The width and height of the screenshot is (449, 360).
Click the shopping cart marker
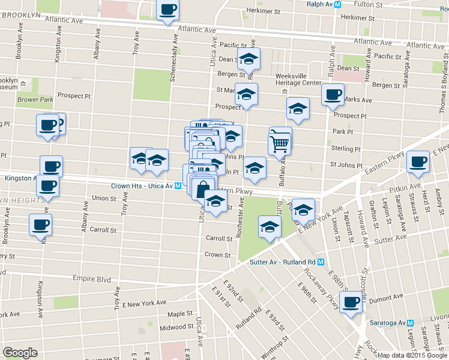pyautogui.click(x=280, y=142)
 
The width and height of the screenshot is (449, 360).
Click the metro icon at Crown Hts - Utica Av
pyautogui.click(x=178, y=186)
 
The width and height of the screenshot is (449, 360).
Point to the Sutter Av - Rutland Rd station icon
pyautogui.click(x=321, y=262)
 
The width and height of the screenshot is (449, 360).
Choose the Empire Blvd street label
pyautogui.click(x=92, y=279)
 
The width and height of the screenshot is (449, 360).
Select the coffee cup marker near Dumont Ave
pyautogui.click(x=351, y=302)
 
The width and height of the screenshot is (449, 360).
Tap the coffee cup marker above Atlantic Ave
pyautogui.click(x=167, y=10)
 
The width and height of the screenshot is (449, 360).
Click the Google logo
pyautogui.click(x=20, y=353)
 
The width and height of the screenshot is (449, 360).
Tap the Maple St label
pyautogui.click(x=180, y=314)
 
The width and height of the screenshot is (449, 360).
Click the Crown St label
pyautogui.click(x=217, y=255)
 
